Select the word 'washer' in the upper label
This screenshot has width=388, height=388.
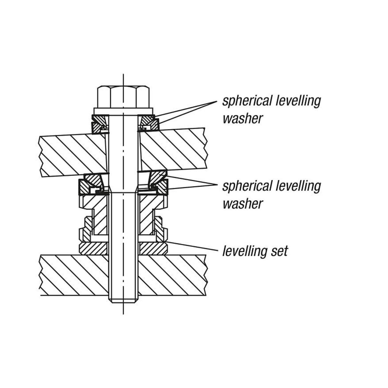pyautogui.click(x=242, y=119)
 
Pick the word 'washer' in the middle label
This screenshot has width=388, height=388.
pyautogui.click(x=242, y=204)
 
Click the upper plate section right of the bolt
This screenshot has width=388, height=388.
pyautogui.click(x=173, y=150)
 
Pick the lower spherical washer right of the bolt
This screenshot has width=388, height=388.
pyautogui.click(x=158, y=182)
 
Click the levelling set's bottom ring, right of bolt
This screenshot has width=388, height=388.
pyautogui.click(x=153, y=248)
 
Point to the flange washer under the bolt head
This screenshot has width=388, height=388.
pyautogui.click(x=123, y=111)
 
